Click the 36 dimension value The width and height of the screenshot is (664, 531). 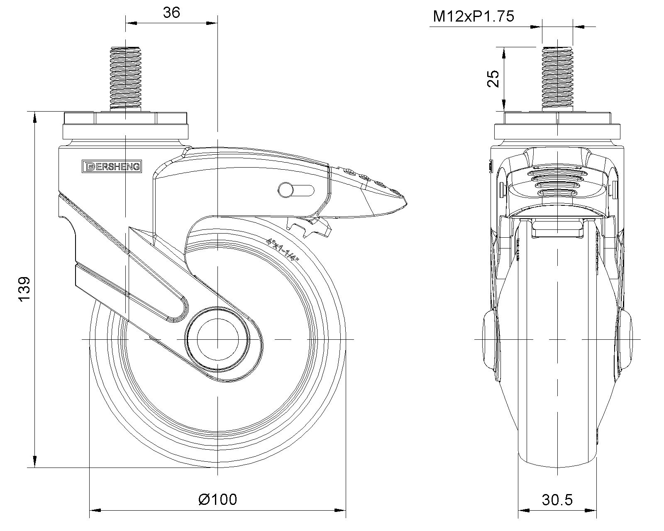coord(171,13)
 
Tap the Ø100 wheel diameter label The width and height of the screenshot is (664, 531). coord(218,499)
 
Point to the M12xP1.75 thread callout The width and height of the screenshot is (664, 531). coord(473,17)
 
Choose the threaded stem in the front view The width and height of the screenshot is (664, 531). coord(557,79)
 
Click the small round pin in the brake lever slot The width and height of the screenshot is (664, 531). coord(285,190)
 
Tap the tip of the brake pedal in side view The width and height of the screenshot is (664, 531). coord(405,203)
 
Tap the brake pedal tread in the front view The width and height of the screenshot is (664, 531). coord(557,183)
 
